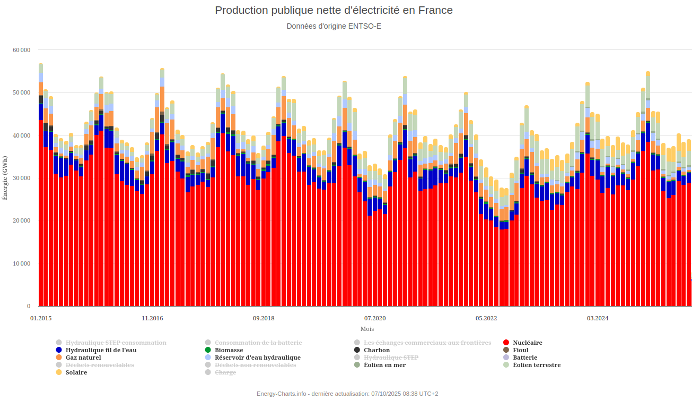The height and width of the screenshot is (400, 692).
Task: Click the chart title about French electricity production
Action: pyautogui.click(x=334, y=10)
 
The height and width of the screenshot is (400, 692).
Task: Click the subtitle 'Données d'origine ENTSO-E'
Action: pyautogui.click(x=334, y=25)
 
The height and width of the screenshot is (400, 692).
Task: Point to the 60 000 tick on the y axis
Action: pyautogui.click(x=22, y=50)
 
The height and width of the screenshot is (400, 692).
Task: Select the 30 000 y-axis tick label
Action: pyautogui.click(x=22, y=178)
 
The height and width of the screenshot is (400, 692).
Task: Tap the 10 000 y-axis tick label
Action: pyautogui.click(x=22, y=263)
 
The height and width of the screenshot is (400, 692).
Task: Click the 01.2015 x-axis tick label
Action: pyautogui.click(x=41, y=318)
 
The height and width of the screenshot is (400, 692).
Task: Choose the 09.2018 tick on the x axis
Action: pyautogui.click(x=264, y=318)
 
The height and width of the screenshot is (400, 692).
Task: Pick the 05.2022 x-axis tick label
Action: pyautogui.click(x=486, y=318)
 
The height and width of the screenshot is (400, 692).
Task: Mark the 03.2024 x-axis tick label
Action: pyautogui.click(x=598, y=318)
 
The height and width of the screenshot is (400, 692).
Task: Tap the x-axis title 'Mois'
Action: pyautogui.click(x=367, y=329)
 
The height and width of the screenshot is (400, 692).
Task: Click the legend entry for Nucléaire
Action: pyautogui.click(x=527, y=343)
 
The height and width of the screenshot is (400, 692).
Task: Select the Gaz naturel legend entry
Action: pyautogui.click(x=83, y=358)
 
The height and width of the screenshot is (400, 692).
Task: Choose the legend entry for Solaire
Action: pyautogui.click(x=77, y=372)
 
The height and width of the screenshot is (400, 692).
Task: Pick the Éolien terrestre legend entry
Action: pyautogui.click(x=537, y=365)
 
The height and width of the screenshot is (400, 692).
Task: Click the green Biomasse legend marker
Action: pyautogui.click(x=208, y=350)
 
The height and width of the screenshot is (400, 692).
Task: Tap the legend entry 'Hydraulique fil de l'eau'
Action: pyautogui.click(x=101, y=350)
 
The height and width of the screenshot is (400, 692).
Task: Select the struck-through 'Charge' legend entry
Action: pyautogui.click(x=225, y=372)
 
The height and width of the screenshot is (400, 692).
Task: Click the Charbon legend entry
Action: pyautogui.click(x=376, y=350)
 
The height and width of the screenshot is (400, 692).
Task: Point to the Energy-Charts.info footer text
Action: pyautogui.click(x=347, y=394)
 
